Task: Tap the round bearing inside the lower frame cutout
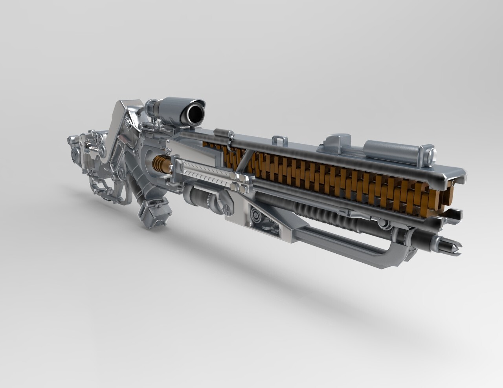pos(255,216)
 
